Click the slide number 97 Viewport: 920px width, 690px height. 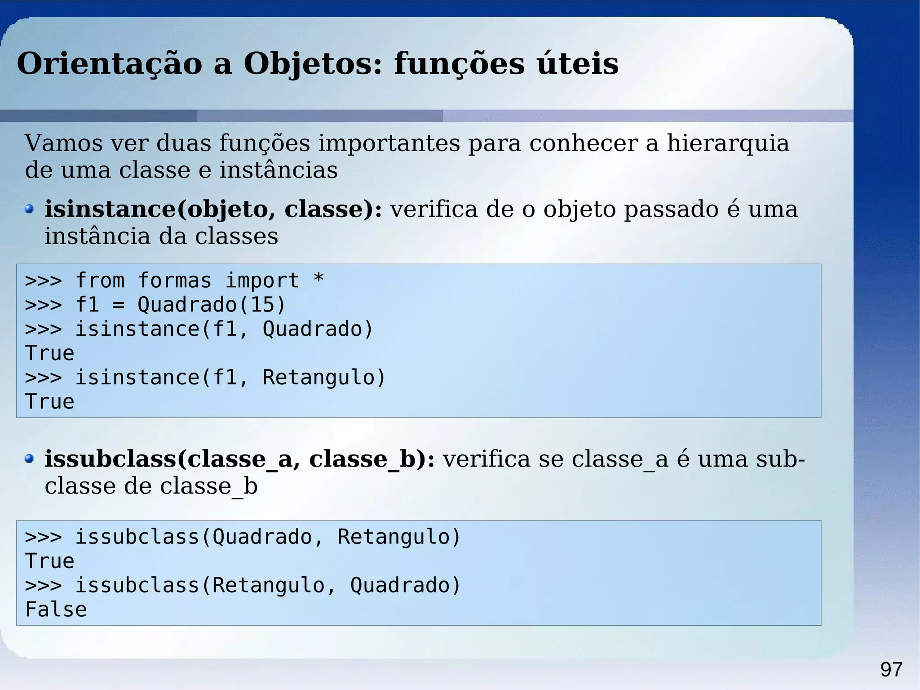click(891, 670)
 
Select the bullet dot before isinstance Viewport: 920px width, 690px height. click(29, 209)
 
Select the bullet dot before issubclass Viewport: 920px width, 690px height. click(29, 459)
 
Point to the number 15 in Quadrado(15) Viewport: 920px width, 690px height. click(262, 305)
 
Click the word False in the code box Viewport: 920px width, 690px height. click(56, 610)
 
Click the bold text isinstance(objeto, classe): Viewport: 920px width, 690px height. click(213, 209)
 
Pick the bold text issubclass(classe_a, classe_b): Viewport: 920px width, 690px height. click(239, 459)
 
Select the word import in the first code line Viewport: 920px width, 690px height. click(262, 281)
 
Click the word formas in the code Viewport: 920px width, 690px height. click(174, 281)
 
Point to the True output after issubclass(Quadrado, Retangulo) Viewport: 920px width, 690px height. click(49, 561)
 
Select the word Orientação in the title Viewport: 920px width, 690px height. click(110, 64)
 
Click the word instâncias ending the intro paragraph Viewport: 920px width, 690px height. click(278, 170)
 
